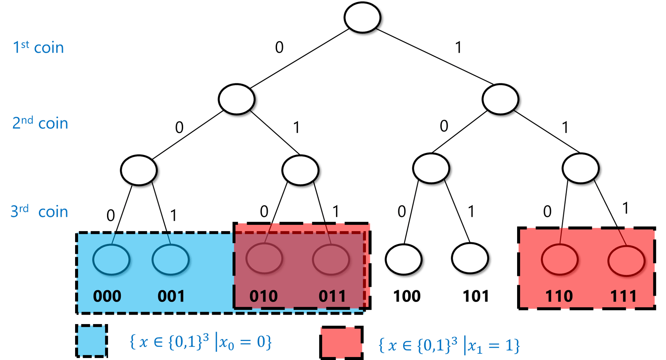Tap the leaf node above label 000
click(x=111, y=259)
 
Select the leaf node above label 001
click(x=170, y=259)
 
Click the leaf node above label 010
click(x=264, y=258)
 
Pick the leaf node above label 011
click(x=331, y=259)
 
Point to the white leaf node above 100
click(x=404, y=260)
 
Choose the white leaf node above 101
click(x=470, y=259)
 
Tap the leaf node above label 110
click(x=559, y=259)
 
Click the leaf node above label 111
click(x=626, y=260)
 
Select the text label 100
click(x=407, y=296)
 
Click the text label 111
click(x=623, y=296)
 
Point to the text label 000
click(x=107, y=296)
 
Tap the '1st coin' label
click(x=38, y=48)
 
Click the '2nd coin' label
click(x=40, y=123)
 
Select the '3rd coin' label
click(x=39, y=211)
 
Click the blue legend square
click(x=92, y=341)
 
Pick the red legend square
click(x=341, y=343)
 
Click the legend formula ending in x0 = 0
click(x=200, y=343)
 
